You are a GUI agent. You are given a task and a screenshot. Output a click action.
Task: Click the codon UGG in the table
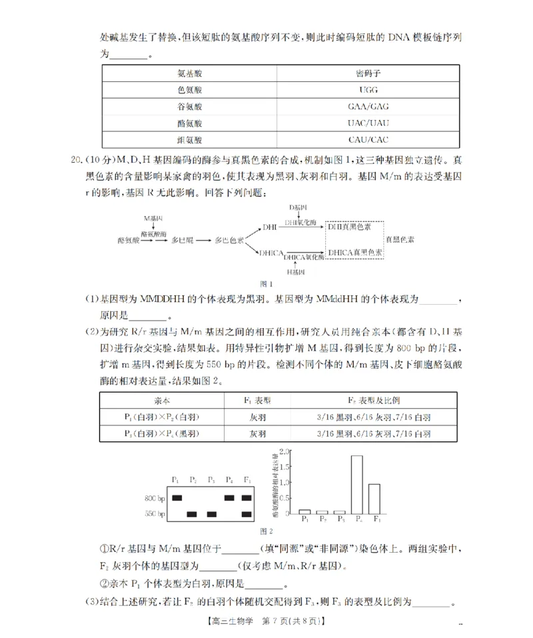pos(368,89)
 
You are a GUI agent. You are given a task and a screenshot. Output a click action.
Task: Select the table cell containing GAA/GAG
pos(368,107)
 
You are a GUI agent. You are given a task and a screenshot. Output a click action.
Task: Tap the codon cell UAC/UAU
pos(368,123)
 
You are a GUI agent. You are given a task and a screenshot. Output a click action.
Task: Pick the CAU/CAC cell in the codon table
pos(368,140)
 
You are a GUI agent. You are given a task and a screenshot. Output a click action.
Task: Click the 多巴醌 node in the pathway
pos(182,239)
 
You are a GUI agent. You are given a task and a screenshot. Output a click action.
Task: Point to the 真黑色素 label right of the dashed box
pos(402,239)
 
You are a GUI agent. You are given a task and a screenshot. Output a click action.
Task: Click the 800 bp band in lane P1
pos(177,497)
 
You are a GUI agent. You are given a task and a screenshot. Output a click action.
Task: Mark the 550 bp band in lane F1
pos(247,514)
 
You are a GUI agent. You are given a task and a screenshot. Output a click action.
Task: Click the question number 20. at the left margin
pos(76,161)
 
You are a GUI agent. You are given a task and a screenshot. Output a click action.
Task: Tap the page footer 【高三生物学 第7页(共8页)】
pos(266,621)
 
